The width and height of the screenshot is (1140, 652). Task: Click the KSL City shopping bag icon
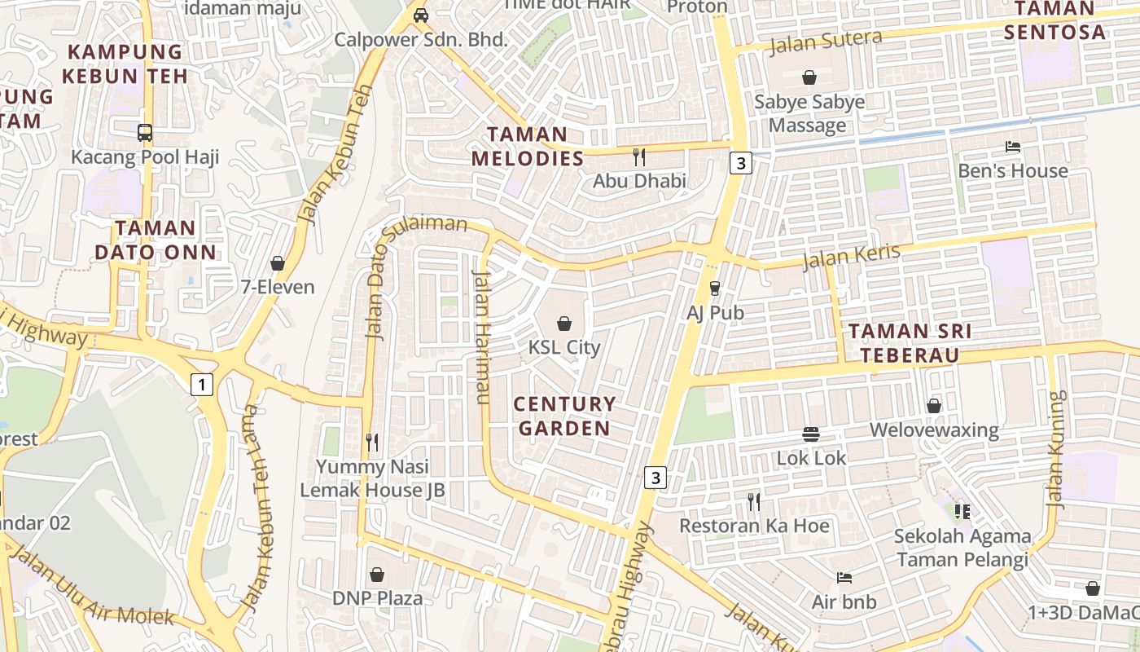(563, 324)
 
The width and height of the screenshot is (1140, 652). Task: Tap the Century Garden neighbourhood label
(564, 416)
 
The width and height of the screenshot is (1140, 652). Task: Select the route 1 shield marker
(201, 384)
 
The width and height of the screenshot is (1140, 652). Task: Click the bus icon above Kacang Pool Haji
(145, 132)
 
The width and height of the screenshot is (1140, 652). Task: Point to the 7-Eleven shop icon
(278, 263)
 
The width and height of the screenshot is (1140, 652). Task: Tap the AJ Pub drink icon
(715, 288)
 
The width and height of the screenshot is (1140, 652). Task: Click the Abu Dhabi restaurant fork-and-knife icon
(639, 156)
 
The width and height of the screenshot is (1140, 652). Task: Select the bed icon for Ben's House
(1013, 147)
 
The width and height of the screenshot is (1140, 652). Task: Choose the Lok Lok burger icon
(811, 434)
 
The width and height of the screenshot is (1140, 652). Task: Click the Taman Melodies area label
(528, 146)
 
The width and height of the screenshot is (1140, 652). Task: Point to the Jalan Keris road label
(851, 256)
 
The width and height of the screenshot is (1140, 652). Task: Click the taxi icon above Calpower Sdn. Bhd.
(421, 15)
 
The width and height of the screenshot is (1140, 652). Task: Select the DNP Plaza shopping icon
(377, 575)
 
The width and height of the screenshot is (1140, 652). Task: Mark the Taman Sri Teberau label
(910, 343)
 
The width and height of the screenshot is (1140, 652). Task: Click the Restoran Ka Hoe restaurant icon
(754, 501)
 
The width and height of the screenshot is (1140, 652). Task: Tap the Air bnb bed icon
(844, 578)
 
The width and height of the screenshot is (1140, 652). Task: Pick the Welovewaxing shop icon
(934, 406)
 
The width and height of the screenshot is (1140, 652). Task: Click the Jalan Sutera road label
(826, 41)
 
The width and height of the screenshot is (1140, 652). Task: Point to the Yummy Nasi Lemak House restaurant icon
(372, 443)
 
